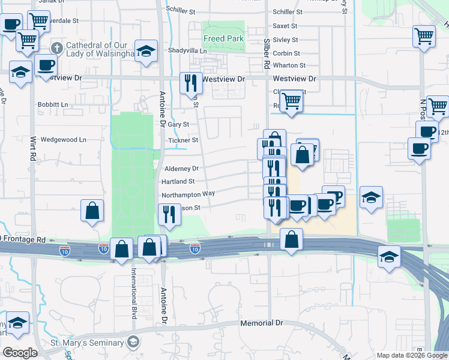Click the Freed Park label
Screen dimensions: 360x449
[223, 38]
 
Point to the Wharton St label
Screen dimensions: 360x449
[289, 65]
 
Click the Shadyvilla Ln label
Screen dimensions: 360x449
[187, 51]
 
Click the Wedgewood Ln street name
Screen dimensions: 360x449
[63, 140]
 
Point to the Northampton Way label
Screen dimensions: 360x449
[188, 194]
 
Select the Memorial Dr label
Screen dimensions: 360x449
[261, 323]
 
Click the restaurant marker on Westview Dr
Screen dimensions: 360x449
[191, 83]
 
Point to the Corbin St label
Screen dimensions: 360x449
[286, 53]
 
